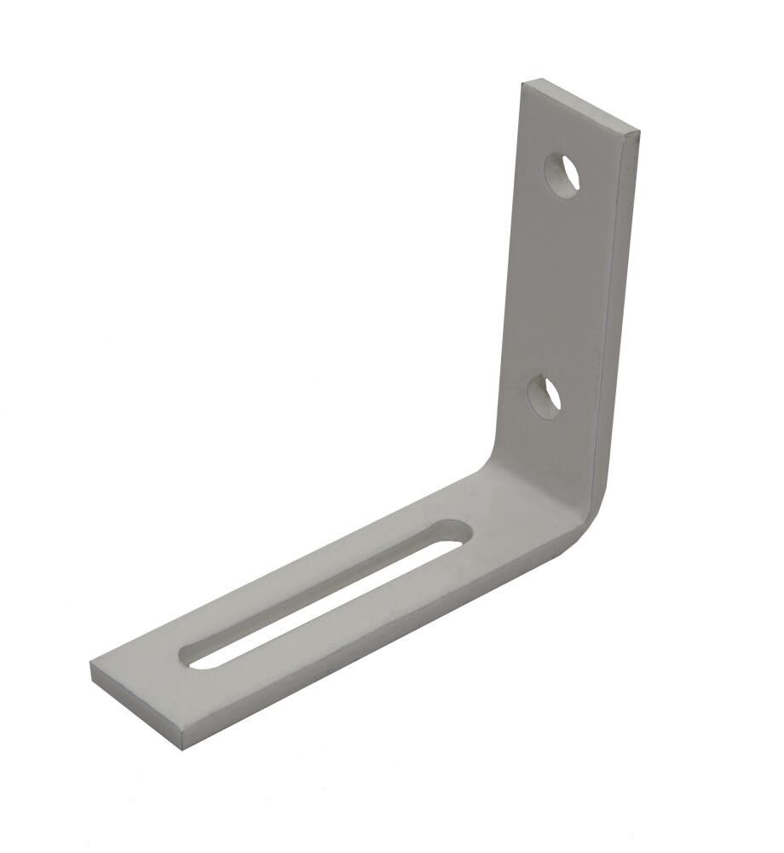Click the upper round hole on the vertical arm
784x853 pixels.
pos(562,176)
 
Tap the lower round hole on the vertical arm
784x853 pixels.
pos(545,397)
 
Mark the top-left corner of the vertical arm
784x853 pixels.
pos(524,82)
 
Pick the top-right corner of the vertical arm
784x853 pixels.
pos(638,133)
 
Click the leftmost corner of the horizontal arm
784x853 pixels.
pos(91,664)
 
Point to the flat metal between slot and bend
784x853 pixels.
pos(511,520)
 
